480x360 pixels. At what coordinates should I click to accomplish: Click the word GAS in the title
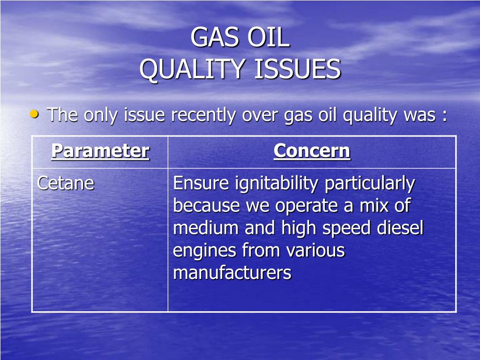point(214,37)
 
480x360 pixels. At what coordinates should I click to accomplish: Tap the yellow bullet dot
point(35,114)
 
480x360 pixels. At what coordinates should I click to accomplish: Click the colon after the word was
point(444,116)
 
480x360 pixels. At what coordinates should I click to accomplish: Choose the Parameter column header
point(100,151)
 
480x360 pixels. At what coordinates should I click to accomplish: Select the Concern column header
point(312,151)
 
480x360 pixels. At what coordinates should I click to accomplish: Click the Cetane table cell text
point(66,183)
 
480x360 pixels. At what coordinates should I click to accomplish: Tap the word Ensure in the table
point(201,183)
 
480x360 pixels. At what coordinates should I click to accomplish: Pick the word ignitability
point(277,184)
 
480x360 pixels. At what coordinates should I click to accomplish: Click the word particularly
point(370,184)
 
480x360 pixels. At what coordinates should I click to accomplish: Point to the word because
point(206,205)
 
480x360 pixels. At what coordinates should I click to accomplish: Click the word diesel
point(400,228)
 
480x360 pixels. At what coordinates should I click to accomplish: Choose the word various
point(315,250)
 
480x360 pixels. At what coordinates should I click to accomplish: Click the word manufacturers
point(232,272)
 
